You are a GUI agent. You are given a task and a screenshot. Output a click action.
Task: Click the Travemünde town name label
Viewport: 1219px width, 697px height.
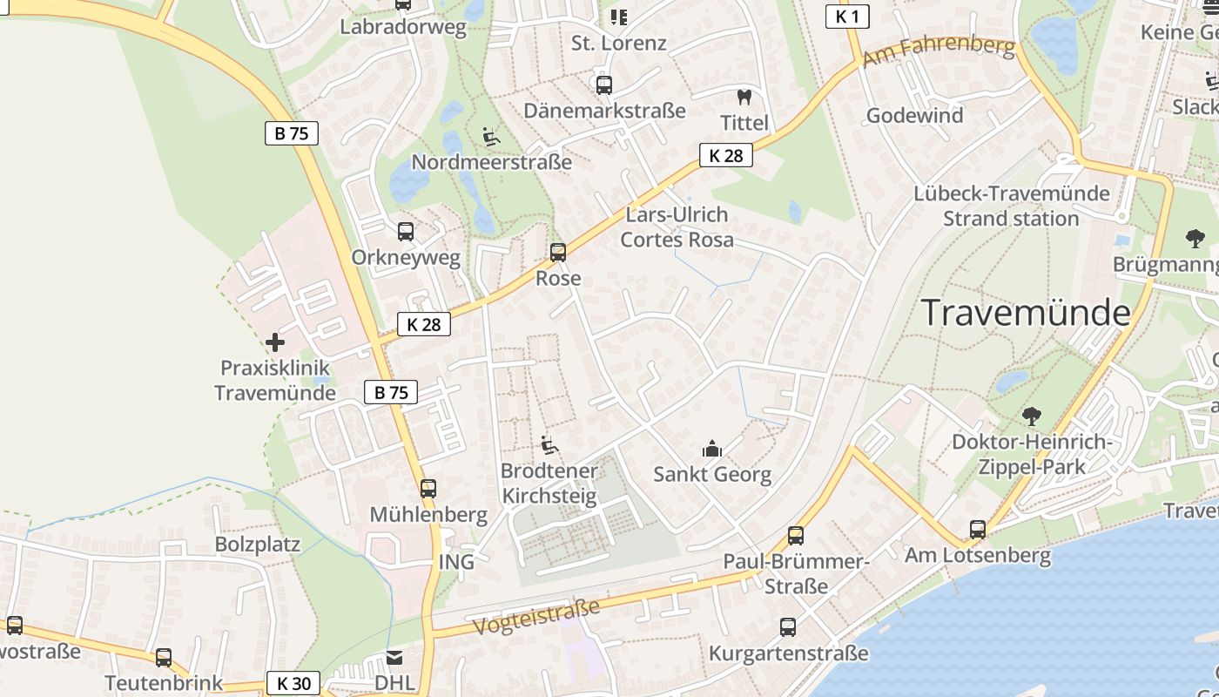[1026, 312]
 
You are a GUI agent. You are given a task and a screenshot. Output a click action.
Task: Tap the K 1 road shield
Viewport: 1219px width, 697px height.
[847, 16]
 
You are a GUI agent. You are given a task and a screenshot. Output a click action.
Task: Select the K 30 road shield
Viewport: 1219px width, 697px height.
[293, 683]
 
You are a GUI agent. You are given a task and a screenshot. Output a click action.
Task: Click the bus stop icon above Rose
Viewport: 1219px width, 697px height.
[557, 253]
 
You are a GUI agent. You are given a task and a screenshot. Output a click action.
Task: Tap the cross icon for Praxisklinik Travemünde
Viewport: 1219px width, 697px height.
[275, 342]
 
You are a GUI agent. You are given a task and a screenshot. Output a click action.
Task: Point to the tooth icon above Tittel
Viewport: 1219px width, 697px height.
[744, 97]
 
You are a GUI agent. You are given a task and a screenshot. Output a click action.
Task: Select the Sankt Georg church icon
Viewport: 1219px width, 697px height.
[712, 450]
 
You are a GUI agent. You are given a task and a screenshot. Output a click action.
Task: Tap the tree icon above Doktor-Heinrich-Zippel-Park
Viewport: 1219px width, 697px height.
[1032, 416]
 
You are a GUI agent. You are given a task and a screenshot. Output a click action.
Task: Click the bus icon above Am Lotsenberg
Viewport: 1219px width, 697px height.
[978, 529]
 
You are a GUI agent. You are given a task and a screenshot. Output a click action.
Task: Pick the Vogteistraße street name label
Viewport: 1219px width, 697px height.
[536, 617]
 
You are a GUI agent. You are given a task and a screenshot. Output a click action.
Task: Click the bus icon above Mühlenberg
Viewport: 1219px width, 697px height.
[428, 489]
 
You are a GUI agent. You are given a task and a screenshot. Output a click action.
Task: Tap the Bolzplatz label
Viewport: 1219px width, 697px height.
[258, 545]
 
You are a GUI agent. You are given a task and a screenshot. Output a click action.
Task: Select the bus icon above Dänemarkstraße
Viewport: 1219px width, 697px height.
[603, 85]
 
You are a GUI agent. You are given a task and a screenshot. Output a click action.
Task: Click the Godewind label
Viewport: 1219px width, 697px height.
[914, 116]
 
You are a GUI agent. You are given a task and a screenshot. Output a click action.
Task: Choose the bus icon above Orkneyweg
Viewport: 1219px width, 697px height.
[405, 232]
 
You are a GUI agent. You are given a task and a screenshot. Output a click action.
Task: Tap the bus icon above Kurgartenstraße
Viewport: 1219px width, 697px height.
[788, 626]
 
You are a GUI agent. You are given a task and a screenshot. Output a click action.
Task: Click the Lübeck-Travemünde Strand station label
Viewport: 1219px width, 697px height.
[1011, 206]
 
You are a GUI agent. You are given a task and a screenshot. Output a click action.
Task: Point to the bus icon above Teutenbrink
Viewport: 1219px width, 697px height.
[164, 658]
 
